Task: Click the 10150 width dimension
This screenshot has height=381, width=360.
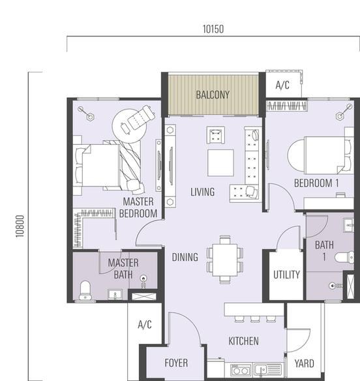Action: click(x=213, y=29)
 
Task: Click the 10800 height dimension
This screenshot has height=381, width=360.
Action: click(x=20, y=226)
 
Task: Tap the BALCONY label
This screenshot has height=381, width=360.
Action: click(x=213, y=95)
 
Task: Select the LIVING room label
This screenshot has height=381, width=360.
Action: click(x=202, y=192)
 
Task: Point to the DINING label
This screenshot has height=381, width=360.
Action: click(x=185, y=257)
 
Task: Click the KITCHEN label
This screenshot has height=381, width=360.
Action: click(x=243, y=341)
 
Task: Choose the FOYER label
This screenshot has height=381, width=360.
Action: click(x=176, y=363)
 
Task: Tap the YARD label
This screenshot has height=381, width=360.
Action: click(x=304, y=363)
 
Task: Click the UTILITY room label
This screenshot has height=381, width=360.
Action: click(x=286, y=275)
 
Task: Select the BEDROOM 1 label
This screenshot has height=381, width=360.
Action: click(x=316, y=183)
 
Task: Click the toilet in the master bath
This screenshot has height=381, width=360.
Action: click(x=85, y=290)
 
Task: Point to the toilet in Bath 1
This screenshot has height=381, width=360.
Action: click(x=344, y=258)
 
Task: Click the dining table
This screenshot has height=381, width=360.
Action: click(x=225, y=260)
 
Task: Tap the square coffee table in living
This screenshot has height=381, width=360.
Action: click(x=220, y=163)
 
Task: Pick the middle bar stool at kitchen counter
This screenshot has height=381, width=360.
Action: click(x=255, y=319)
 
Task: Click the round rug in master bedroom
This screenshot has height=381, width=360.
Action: click(x=130, y=125)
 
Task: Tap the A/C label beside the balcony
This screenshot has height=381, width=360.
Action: click(x=282, y=85)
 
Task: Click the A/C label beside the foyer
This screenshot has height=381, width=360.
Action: click(x=145, y=325)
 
